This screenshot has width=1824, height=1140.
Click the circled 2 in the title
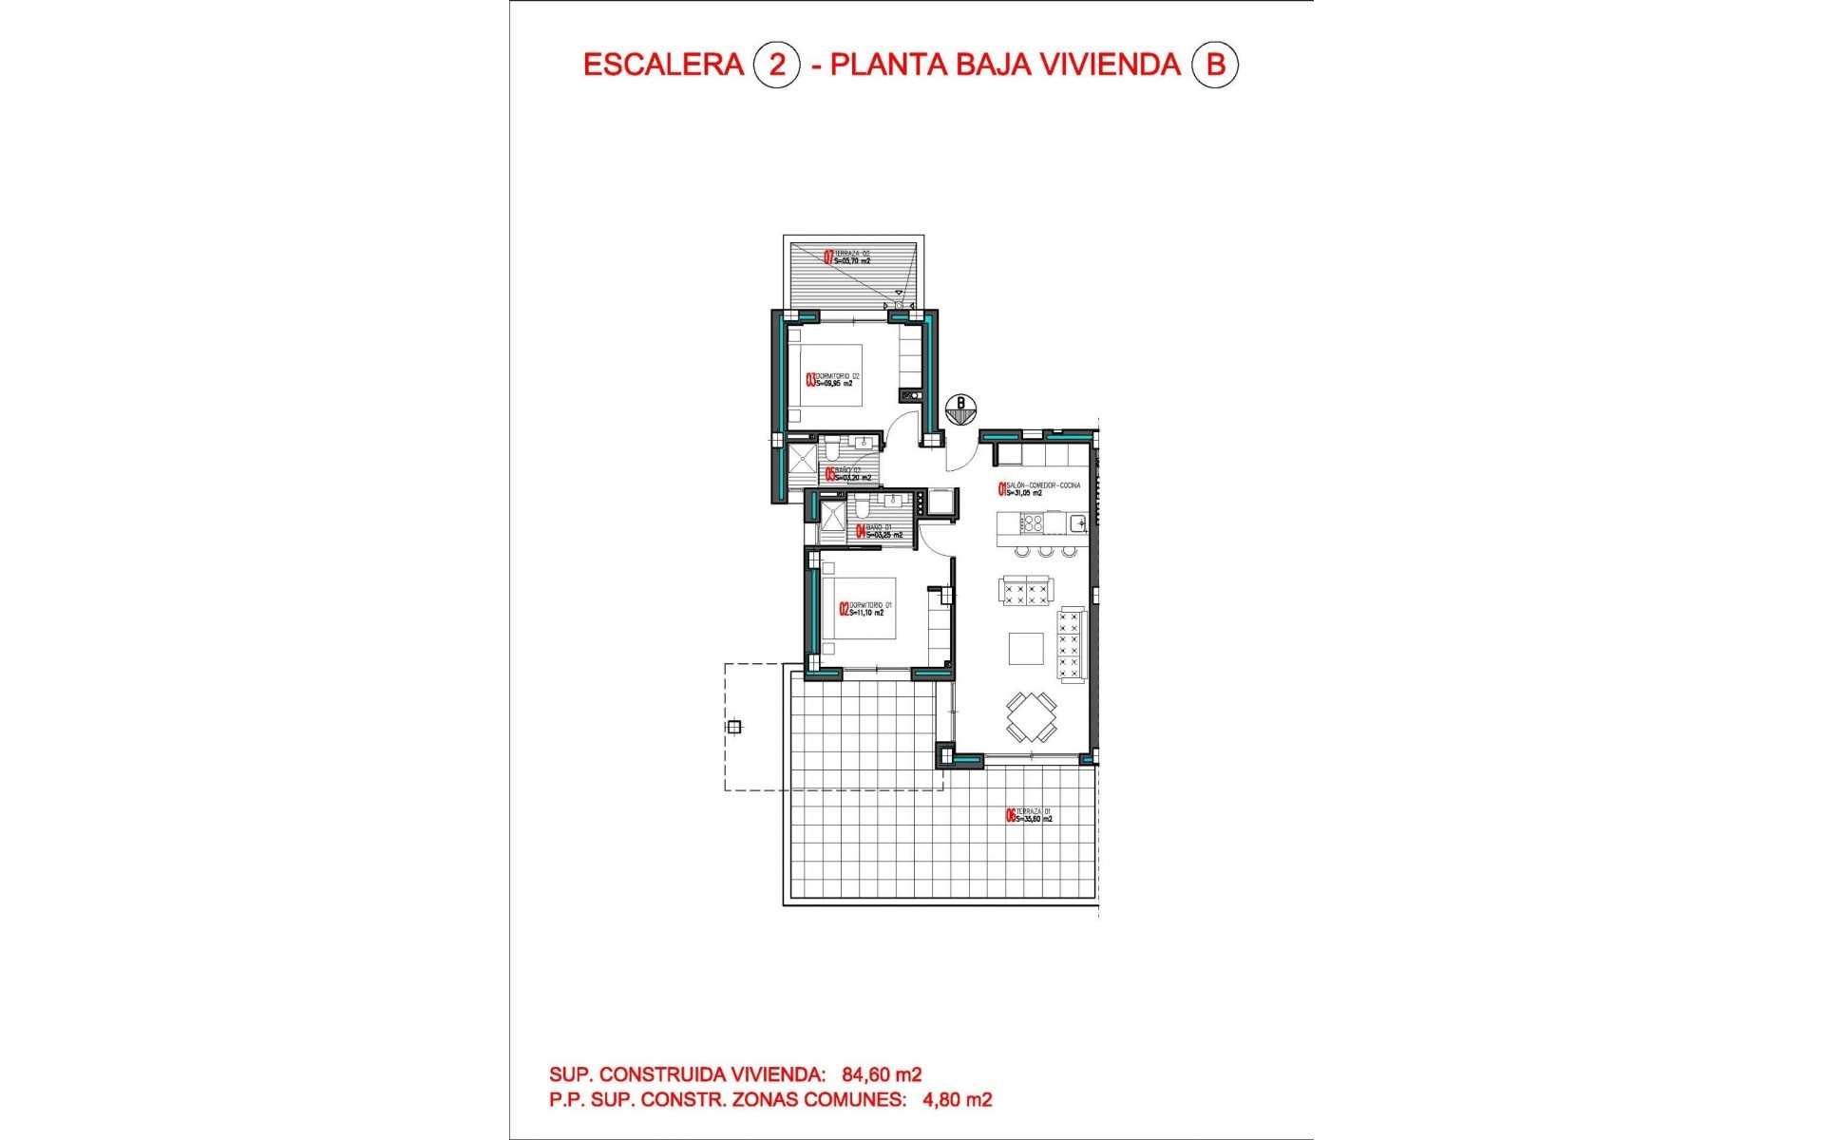point(777,65)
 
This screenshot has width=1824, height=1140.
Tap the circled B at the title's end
point(1215,65)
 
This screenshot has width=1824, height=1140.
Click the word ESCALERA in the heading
point(662,65)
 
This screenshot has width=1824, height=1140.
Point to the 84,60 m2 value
point(882,1074)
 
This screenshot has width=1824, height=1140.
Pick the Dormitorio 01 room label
point(865,609)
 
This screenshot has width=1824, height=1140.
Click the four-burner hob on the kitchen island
point(1033,522)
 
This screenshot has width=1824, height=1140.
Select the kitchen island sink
point(1078,522)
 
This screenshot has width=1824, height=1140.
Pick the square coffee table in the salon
point(1026,649)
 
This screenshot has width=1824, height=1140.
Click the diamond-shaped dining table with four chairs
point(1032,717)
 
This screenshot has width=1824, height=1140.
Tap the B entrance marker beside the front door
point(960,404)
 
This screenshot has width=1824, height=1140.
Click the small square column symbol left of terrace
point(733,728)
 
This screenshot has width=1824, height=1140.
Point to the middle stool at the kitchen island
point(1046,551)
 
